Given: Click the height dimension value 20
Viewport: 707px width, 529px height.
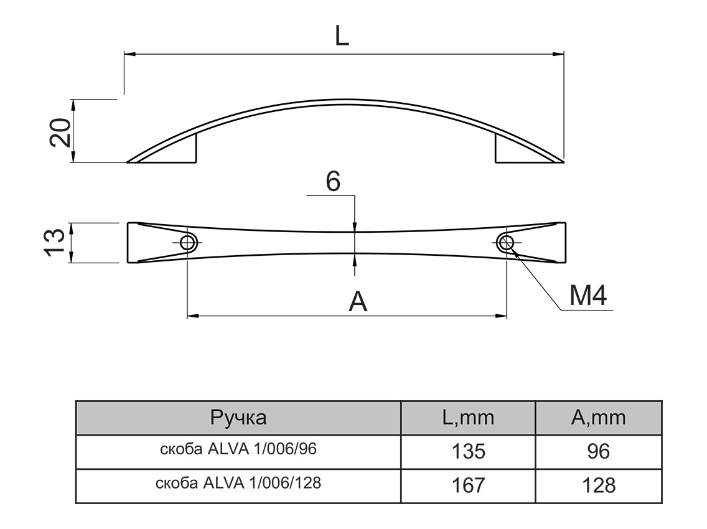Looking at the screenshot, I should [x=60, y=131].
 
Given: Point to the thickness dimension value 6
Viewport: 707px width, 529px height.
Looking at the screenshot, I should [x=333, y=182].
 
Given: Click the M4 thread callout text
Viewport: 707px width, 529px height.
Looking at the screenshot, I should [x=588, y=296].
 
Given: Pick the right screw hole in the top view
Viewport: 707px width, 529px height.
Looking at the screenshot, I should [x=507, y=243].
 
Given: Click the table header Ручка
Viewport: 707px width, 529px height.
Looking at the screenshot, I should [x=238, y=418].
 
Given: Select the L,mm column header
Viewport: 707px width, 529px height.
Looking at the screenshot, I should [x=468, y=418].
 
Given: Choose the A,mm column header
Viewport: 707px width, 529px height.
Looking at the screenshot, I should [x=598, y=418].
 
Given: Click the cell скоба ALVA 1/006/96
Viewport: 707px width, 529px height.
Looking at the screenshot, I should [x=238, y=450].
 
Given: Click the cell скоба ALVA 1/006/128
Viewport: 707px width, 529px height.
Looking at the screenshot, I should [x=238, y=483].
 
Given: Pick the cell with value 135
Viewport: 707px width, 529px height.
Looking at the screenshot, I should [x=468, y=451].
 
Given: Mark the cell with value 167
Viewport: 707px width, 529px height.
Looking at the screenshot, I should [x=468, y=485].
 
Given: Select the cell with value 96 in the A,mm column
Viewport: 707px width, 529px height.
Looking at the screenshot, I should [x=598, y=451].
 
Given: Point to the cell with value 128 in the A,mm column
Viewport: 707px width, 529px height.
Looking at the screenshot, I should [x=598, y=485].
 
